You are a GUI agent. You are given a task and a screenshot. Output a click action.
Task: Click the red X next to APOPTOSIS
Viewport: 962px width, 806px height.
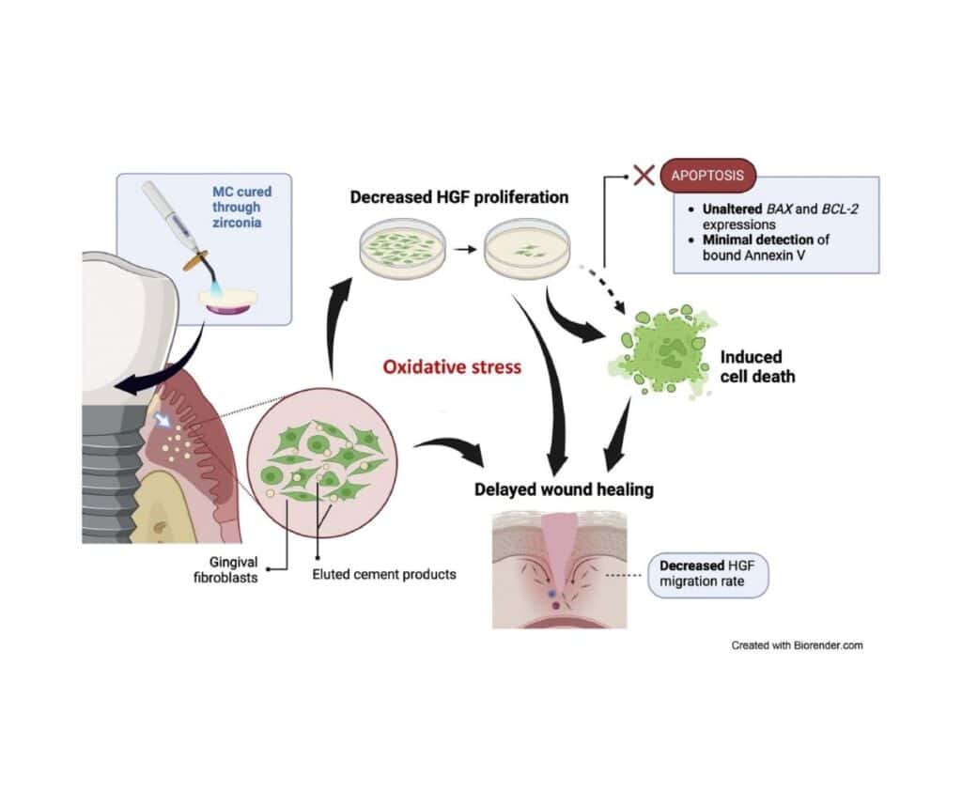pos(644,175)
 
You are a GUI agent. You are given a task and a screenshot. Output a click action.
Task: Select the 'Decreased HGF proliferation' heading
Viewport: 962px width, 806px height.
pos(459,197)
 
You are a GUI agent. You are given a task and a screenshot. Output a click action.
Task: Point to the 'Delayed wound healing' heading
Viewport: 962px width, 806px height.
pos(564,489)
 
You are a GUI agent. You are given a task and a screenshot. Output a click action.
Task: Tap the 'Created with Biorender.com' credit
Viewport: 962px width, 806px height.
pos(797,645)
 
